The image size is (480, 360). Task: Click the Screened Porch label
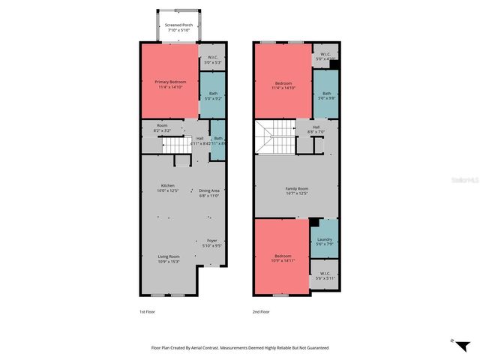tap(178, 27)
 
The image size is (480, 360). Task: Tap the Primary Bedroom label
tap(171, 84)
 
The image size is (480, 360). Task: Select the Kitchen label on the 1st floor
tap(168, 188)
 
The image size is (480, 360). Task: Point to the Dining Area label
tap(209, 193)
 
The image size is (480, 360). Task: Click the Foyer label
tap(213, 243)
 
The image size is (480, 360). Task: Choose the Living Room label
tap(168, 259)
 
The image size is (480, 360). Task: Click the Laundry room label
tap(324, 242)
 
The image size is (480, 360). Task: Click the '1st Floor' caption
tap(147, 310)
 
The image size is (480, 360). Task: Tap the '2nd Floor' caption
tap(261, 310)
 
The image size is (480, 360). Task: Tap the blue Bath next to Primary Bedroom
tap(213, 95)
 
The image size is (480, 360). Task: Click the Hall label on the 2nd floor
tap(316, 130)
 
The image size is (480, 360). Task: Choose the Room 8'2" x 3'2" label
tap(162, 127)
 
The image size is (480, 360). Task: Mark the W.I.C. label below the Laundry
tap(325, 275)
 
